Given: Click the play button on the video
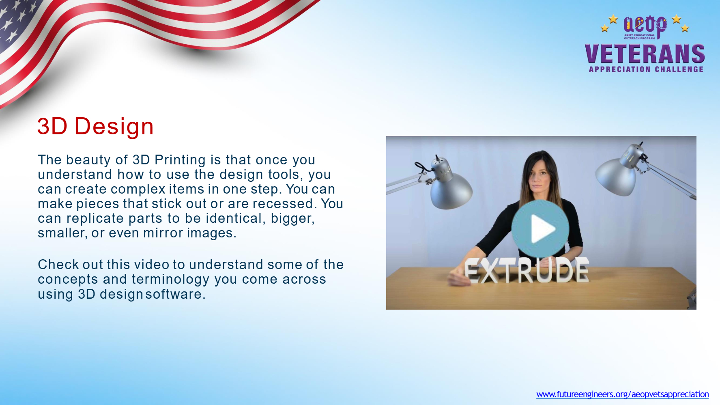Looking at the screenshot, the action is point(540,229).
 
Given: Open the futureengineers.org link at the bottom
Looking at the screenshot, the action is point(622,394).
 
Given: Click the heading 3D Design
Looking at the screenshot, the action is point(95,126).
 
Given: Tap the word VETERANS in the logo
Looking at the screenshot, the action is point(645,54).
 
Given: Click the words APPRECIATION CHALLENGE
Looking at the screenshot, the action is point(646,69).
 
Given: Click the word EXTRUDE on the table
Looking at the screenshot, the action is point(527,270).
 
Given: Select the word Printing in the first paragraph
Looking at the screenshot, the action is point(180,160).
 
